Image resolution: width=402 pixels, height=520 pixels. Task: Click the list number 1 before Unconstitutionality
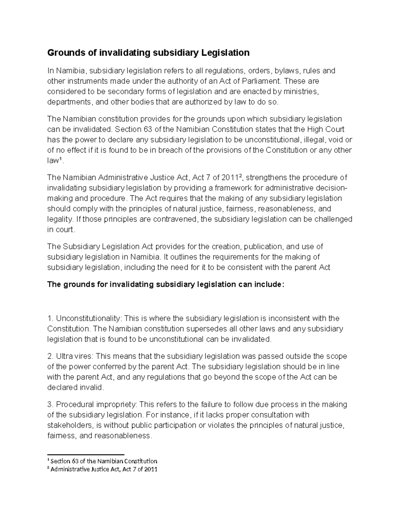click(x=50, y=318)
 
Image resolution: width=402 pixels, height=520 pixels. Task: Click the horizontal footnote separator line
click(x=85, y=454)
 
